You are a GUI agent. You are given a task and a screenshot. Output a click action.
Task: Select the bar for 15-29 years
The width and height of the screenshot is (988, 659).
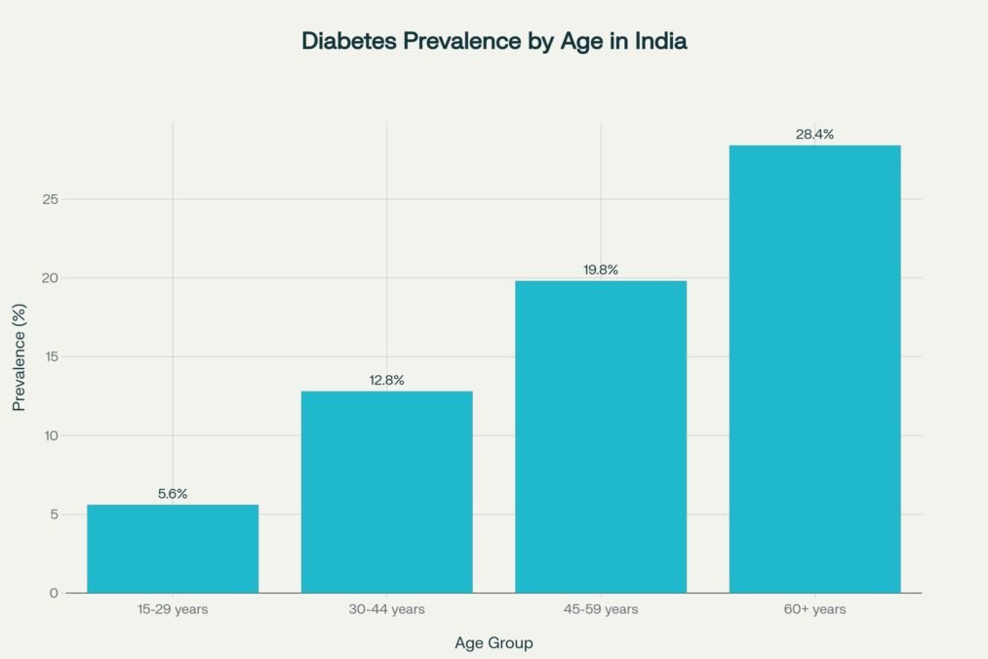point(173,549)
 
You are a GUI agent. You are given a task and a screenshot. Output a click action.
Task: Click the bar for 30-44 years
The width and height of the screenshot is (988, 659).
point(386,492)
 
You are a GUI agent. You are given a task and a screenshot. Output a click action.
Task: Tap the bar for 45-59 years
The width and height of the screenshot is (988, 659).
point(601,436)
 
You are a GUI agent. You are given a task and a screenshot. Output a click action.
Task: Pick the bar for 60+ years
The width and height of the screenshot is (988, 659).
point(814,369)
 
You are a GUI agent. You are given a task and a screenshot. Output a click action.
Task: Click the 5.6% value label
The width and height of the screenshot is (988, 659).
point(173,494)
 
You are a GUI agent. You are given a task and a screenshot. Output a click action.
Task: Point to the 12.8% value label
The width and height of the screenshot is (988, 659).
point(386,380)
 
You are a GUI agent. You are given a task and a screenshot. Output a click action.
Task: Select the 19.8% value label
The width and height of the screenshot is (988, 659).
point(601,269)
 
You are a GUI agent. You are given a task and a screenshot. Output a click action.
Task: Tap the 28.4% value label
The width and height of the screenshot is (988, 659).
point(814,134)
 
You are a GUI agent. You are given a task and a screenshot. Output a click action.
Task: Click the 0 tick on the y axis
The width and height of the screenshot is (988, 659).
point(55,593)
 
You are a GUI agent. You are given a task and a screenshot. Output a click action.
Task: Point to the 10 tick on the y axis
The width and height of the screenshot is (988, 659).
point(52,435)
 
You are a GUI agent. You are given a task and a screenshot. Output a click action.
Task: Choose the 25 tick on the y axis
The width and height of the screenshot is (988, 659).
point(52,199)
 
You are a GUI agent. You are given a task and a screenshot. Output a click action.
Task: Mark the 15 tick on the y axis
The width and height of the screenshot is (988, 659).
point(52,356)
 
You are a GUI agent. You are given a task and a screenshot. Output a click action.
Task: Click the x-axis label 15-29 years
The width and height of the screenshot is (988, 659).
point(173,609)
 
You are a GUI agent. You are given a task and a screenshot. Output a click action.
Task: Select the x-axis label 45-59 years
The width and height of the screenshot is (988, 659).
point(601,609)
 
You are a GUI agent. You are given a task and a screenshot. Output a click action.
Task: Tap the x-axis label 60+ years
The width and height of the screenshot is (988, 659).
point(814,609)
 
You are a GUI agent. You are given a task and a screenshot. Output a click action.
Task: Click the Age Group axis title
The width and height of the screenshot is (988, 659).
point(494,643)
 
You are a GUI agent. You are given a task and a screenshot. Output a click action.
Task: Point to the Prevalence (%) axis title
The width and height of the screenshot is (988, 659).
point(19,356)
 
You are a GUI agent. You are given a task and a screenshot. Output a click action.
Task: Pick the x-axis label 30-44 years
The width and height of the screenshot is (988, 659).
point(386,609)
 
